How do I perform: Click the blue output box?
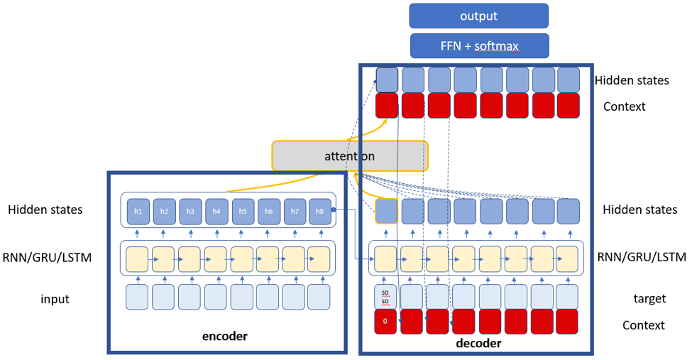pyautogui.click(x=478, y=16)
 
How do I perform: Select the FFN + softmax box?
pyautogui.click(x=478, y=46)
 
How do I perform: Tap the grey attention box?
pyautogui.click(x=350, y=155)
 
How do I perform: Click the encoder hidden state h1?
pyautogui.click(x=138, y=212)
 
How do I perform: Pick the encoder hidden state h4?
pyautogui.click(x=216, y=212)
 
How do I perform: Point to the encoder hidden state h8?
pyautogui.click(x=320, y=212)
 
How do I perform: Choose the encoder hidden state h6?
pyautogui.click(x=268, y=212)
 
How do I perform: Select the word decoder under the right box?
pyautogui.click(x=477, y=344)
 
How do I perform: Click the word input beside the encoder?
pyautogui.click(x=55, y=299)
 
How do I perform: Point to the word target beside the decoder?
pyautogui.click(x=649, y=299)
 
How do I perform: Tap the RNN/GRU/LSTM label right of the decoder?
pyautogui.click(x=642, y=256)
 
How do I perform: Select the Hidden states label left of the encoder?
pyautogui.click(x=45, y=209)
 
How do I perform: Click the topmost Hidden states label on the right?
pyautogui.click(x=632, y=80)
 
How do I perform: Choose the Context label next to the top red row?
pyautogui.click(x=624, y=107)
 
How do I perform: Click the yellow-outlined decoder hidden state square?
pyautogui.click(x=386, y=211)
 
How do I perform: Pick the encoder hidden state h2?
pyautogui.click(x=165, y=212)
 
